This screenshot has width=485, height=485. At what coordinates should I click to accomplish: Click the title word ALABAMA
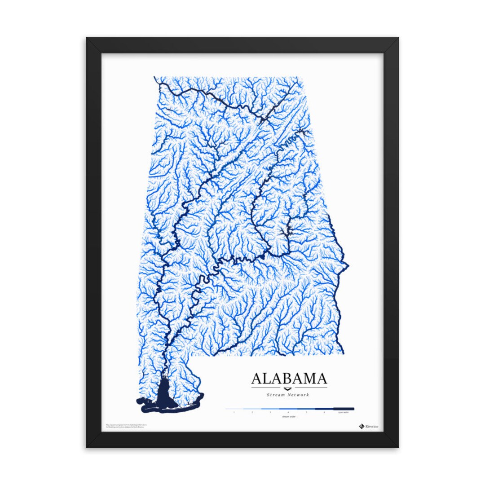(289, 378)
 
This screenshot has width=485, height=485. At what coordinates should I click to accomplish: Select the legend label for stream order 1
(234, 412)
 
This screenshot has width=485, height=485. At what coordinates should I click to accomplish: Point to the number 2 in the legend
(252, 412)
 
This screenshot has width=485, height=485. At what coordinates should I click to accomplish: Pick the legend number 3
(270, 412)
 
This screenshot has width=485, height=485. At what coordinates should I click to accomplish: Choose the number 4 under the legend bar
(288, 412)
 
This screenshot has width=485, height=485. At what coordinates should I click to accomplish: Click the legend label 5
(306, 412)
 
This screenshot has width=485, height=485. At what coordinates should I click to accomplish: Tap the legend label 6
(324, 412)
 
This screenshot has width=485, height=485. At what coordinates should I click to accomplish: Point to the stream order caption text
(288, 417)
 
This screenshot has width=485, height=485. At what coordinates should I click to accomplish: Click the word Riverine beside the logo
(372, 426)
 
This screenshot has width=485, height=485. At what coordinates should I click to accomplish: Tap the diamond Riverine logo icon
(361, 426)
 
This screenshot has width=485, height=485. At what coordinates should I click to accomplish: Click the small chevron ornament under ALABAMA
(289, 388)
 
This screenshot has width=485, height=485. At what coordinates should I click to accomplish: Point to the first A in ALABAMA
(256, 378)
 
